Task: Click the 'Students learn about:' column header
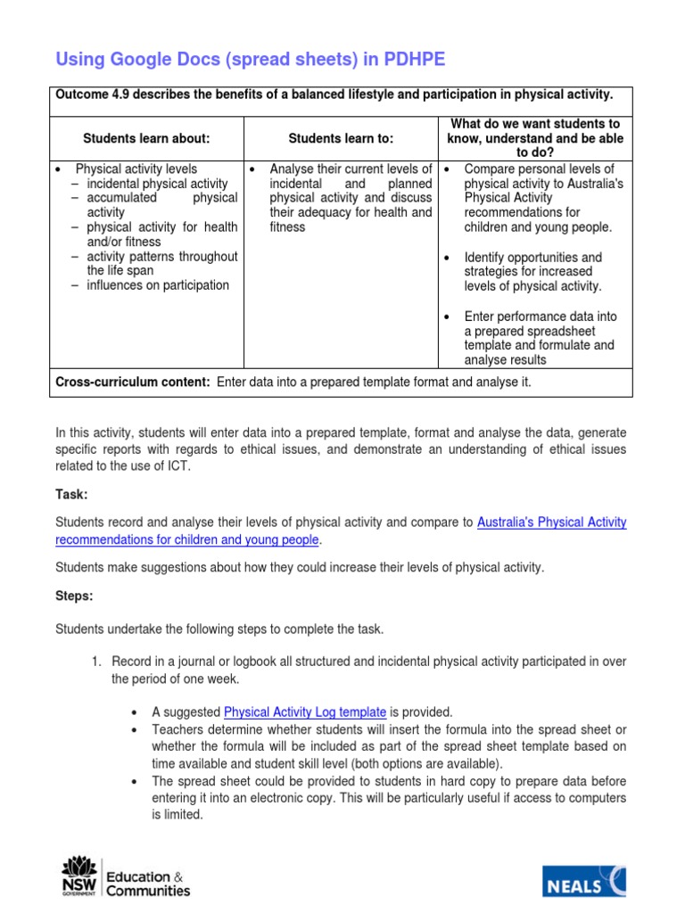pos(146,138)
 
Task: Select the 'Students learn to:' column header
pos(341,138)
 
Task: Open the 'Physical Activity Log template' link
pos(305,711)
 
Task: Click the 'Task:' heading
pos(71,494)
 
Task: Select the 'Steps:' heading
pos(74,596)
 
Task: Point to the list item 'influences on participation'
pos(158,285)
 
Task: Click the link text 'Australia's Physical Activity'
pos(551,522)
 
